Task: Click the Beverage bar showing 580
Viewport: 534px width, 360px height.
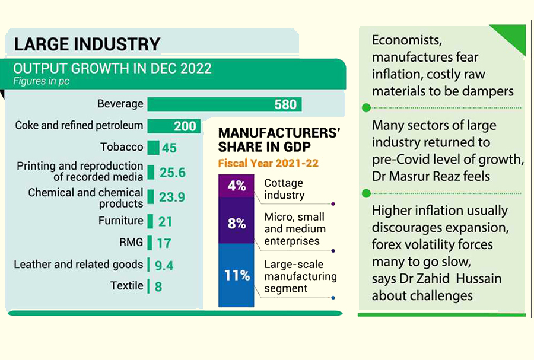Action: [224, 104]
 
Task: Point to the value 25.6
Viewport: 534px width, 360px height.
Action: [172, 173]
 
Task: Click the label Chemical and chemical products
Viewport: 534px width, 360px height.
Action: [85, 198]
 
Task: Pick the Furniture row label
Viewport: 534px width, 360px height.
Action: [120, 221]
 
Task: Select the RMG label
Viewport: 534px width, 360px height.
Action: [131, 242]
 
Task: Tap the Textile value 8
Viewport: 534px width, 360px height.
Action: [159, 286]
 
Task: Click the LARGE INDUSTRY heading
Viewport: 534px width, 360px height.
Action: [87, 44]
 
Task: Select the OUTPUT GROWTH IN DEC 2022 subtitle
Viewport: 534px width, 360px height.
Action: [112, 68]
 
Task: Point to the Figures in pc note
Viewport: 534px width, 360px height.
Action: [42, 81]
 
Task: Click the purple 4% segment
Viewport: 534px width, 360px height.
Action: [236, 186]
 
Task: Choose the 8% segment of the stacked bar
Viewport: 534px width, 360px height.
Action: [236, 223]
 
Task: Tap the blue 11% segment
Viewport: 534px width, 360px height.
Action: [236, 276]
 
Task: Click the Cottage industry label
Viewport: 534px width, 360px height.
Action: [284, 189]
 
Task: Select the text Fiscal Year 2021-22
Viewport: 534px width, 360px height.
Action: [268, 163]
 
